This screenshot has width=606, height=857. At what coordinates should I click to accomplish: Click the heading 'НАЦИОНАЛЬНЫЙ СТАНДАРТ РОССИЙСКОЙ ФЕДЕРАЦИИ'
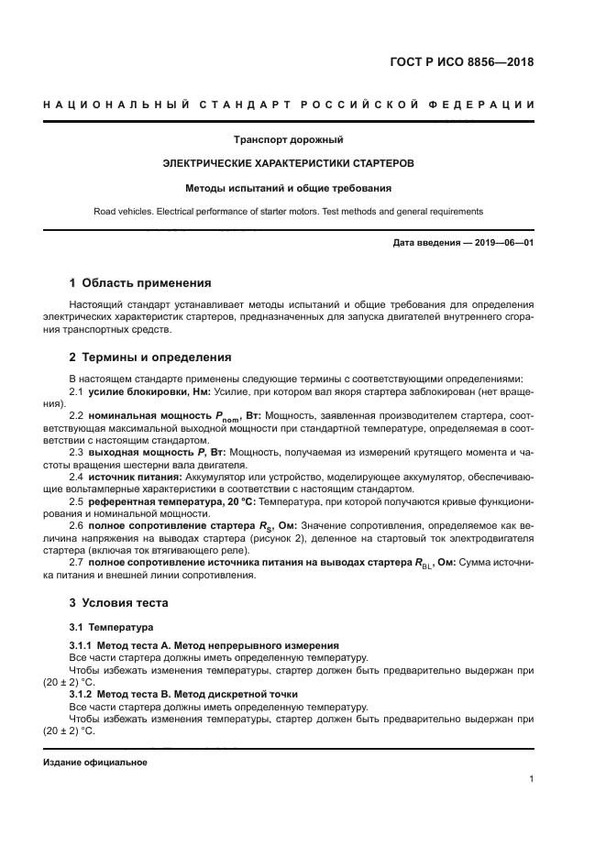coord(289,106)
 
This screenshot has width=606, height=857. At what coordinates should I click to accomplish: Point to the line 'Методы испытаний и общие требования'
coord(288,188)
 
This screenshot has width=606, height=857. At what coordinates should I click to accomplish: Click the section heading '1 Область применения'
coord(140,283)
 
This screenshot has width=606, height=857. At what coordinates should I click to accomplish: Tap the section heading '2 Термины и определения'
coord(150,357)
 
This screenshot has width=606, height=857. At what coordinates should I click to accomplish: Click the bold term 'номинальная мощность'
coord(150,416)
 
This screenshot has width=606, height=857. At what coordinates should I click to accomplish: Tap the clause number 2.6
coord(76,526)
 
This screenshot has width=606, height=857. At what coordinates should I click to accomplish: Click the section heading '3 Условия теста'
coord(120,603)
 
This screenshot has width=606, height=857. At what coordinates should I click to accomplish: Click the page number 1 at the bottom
coord(532,779)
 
